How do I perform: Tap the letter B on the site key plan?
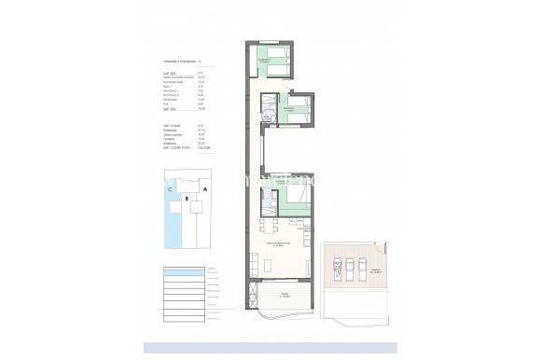coord(187,199)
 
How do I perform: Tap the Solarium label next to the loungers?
coord(375,270)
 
